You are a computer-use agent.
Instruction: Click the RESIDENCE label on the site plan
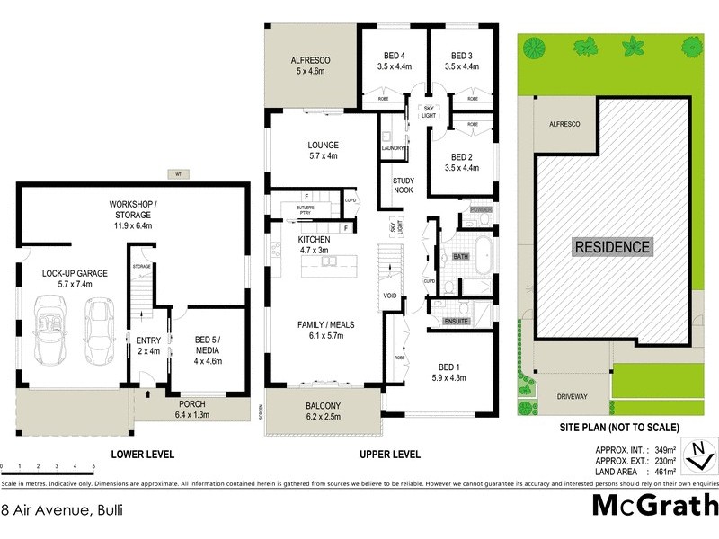coord(612,246)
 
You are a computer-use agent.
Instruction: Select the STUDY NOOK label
coord(404,185)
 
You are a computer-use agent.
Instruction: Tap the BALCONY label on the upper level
coord(323,405)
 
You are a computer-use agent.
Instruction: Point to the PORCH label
coord(191,405)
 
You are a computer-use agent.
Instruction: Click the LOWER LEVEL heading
coord(141,455)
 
